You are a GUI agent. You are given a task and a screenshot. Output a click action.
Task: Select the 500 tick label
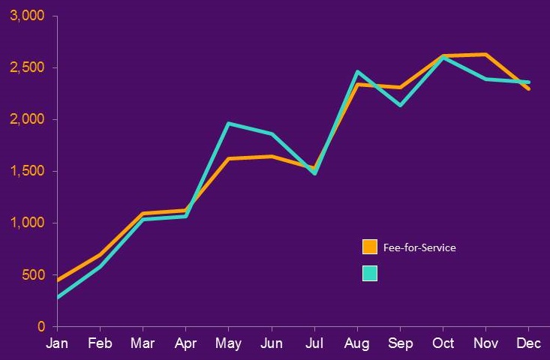click(35, 275)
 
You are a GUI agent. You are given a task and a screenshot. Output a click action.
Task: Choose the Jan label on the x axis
click(57, 343)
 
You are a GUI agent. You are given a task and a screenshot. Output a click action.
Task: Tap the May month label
click(229, 343)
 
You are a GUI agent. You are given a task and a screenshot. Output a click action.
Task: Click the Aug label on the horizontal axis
click(357, 343)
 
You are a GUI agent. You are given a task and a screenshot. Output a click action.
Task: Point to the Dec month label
click(529, 343)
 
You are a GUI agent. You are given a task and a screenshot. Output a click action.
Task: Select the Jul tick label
click(314, 343)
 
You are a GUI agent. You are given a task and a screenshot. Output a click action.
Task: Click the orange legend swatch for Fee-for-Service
click(370, 247)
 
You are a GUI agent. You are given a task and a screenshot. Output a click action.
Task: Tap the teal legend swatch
click(370, 274)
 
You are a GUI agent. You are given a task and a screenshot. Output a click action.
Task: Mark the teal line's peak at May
click(229, 124)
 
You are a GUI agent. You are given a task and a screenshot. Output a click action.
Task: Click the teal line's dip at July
click(314, 173)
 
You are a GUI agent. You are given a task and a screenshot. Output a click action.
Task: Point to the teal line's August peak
click(358, 72)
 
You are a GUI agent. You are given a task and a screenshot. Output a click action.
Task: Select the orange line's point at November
click(486, 54)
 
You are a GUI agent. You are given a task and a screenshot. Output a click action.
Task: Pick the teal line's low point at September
click(401, 105)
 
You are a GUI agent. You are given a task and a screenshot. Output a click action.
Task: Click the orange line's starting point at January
click(57, 281)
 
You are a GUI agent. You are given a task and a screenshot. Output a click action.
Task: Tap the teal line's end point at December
click(529, 82)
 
